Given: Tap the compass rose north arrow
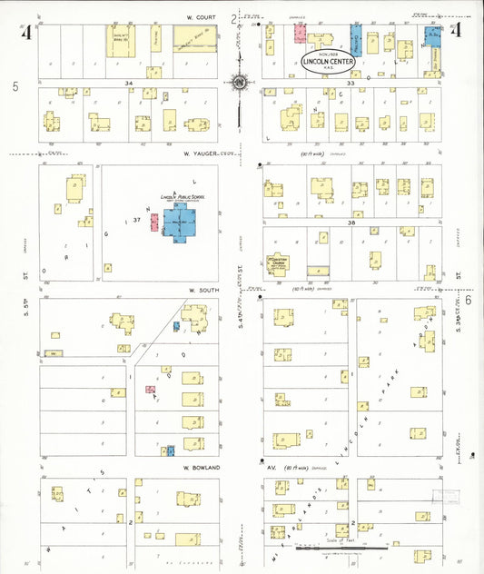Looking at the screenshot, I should (x=239, y=82).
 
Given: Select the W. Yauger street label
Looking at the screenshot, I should (x=200, y=153).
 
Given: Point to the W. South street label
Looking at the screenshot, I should (x=205, y=290).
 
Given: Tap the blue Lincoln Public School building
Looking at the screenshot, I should (x=181, y=222).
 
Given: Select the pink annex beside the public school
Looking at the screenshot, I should (x=154, y=222).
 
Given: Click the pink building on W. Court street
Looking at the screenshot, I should (x=300, y=34).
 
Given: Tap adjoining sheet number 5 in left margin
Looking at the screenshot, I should (x=15, y=86).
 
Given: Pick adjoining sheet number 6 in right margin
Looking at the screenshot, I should (x=469, y=300).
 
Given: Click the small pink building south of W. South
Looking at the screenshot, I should (x=151, y=389).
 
